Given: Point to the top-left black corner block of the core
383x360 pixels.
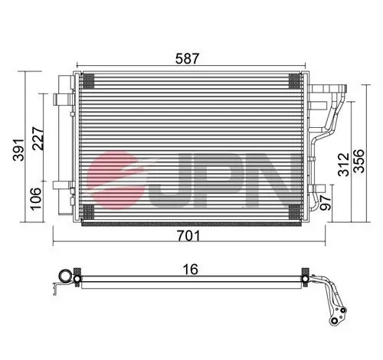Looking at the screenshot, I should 87,79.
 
